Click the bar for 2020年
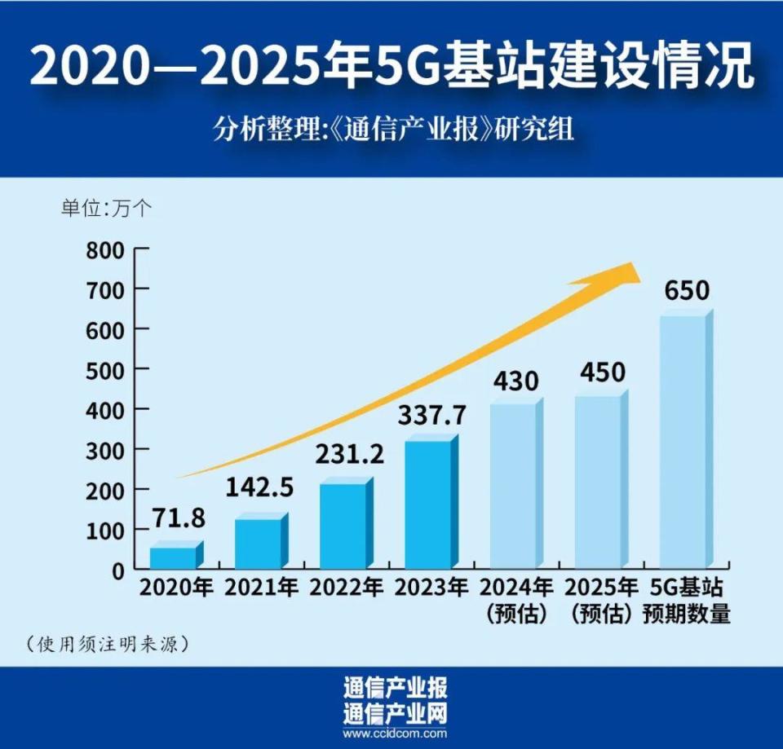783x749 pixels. pos(177,554)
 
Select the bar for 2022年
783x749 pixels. pos(347,523)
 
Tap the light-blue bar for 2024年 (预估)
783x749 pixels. pos(517,483)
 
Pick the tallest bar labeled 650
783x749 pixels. pos(687,439)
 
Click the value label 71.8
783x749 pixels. pos(179,518)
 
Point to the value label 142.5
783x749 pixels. pos(259,487)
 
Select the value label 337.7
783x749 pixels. pos(432,415)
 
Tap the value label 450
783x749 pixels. pos(603,372)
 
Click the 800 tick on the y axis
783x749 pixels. pos(105,250)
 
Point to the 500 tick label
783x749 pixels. pos(105,370)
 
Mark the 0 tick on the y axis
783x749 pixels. pos(118,571)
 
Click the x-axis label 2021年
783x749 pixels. pos(261,588)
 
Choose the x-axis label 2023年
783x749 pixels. pos(431,588)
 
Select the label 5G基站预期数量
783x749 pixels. pos(687,601)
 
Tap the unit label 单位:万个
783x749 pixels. pos(106,208)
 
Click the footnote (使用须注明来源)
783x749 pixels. pos(108,644)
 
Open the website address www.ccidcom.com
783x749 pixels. pos(395,734)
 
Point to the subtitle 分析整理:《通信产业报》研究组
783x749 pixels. pos(393,130)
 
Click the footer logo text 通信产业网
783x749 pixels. pos(395,714)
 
